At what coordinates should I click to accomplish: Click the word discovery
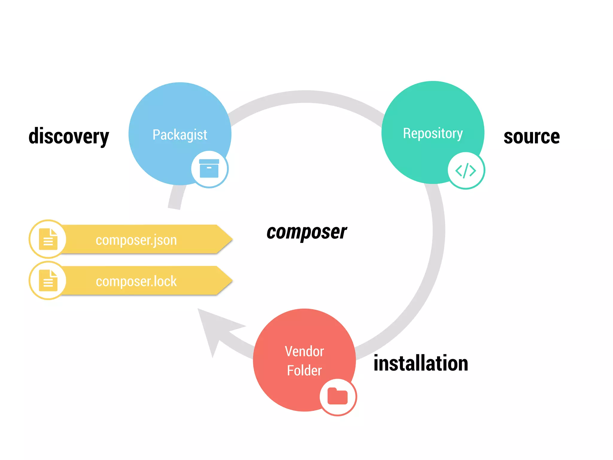(69, 137)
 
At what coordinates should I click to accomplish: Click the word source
(532, 137)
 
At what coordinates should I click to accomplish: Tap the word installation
(421, 363)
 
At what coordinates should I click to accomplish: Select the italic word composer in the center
(306, 232)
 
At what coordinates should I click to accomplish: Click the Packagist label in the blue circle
(180, 135)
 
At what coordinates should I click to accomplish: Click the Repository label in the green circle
(433, 133)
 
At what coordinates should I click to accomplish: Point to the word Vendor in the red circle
(304, 351)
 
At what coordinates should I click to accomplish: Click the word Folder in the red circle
(304, 370)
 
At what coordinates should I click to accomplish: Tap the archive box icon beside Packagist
(209, 169)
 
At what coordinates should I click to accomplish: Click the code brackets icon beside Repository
(466, 171)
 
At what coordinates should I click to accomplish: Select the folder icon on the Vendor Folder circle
(338, 396)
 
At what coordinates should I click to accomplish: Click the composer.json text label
(136, 240)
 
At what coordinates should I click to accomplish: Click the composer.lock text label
(136, 282)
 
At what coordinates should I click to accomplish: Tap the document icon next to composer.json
(48, 239)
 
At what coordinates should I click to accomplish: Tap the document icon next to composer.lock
(48, 281)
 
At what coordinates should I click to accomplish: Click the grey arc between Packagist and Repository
(305, 97)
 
